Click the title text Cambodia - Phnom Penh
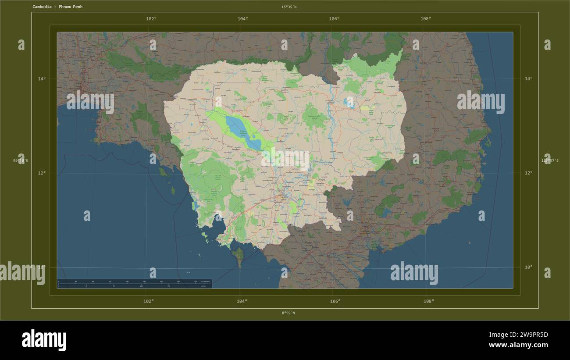(x=57, y=7)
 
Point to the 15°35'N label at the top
(x=289, y=7)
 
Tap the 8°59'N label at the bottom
(x=288, y=313)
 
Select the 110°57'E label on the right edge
(x=550, y=161)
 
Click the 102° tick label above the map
(x=151, y=19)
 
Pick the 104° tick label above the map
(x=243, y=19)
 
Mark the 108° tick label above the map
(x=426, y=19)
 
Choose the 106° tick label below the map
(x=335, y=301)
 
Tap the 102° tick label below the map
(x=149, y=301)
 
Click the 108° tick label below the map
(x=429, y=301)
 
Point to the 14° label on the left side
(x=42, y=79)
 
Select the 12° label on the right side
(x=528, y=173)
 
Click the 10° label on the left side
(x=42, y=267)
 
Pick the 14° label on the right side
(x=528, y=79)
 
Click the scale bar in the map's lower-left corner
(x=134, y=284)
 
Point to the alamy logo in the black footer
(x=44, y=340)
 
